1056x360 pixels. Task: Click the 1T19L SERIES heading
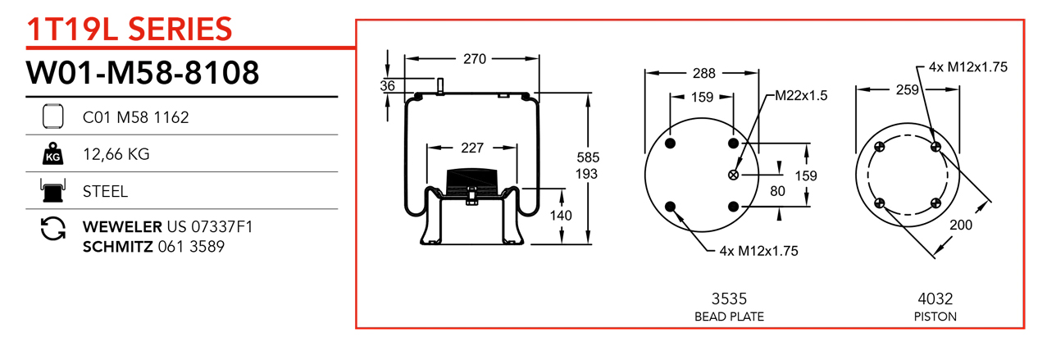point(130,30)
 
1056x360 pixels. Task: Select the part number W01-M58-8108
point(143,73)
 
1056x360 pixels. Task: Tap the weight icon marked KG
point(52,153)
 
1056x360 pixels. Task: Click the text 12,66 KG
point(116,153)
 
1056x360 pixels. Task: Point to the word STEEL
point(106,191)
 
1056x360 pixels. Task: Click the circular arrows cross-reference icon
point(52,229)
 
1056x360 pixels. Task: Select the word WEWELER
point(122,226)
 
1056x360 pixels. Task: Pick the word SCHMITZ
point(118,245)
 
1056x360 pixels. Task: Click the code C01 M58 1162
point(136,117)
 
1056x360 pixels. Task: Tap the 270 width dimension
point(475,59)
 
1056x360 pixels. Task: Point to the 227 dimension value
point(471,148)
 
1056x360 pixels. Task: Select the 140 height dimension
point(561,216)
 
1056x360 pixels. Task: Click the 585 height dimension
point(587,157)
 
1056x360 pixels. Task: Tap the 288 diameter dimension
point(703,73)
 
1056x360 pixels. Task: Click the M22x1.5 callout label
point(801,96)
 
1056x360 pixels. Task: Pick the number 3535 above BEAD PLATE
point(729,299)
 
